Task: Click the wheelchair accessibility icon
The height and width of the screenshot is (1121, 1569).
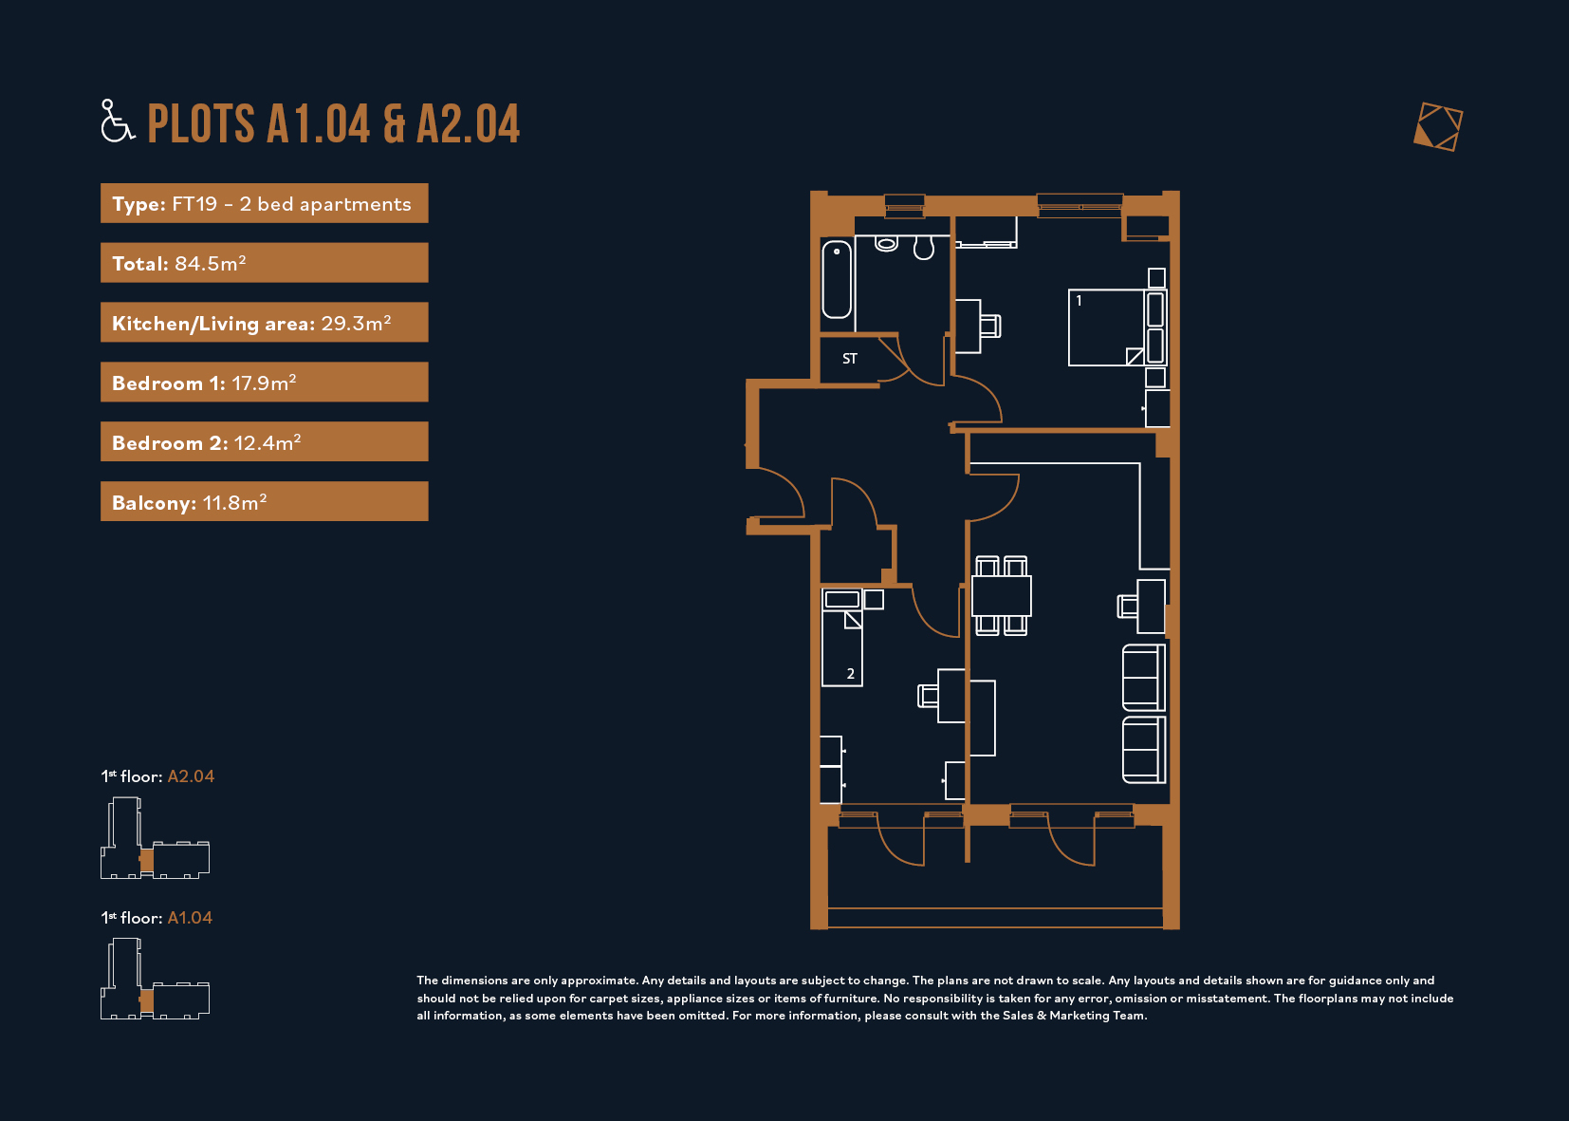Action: coord(117,121)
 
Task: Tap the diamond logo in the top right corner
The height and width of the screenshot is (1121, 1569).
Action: coord(1438,127)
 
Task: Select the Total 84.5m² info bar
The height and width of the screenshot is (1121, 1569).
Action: coord(264,263)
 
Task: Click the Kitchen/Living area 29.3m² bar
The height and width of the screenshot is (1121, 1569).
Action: coord(264,323)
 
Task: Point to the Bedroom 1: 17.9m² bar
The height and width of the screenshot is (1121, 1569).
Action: coord(264,383)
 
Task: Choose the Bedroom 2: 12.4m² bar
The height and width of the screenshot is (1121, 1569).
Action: coord(264,441)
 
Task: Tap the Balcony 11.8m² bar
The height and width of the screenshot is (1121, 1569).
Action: coord(264,501)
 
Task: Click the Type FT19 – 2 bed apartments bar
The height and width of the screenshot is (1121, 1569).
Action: coord(264,203)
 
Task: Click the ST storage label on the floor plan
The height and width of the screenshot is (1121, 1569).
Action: coord(850,359)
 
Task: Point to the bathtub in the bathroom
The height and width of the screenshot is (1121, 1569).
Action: coord(837,280)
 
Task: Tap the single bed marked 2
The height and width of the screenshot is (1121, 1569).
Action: coord(842,638)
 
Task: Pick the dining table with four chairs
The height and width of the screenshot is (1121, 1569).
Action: coord(1002,596)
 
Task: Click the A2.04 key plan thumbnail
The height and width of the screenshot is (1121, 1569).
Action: coord(155,838)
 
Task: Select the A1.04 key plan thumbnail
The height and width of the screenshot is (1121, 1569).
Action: coord(155,979)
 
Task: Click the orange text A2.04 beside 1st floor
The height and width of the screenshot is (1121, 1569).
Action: coord(191,776)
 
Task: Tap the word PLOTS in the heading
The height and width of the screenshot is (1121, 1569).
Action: coord(201,124)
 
